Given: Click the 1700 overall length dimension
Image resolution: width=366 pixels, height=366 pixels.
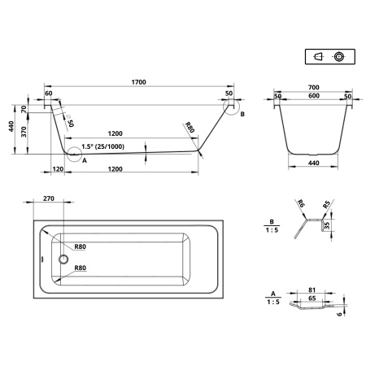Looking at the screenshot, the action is click(138, 82).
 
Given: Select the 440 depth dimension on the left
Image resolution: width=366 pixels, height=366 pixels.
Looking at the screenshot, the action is click(11, 126).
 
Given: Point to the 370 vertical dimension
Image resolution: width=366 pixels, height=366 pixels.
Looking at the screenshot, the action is click(24, 132).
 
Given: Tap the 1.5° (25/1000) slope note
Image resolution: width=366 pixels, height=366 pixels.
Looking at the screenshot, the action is click(103, 146).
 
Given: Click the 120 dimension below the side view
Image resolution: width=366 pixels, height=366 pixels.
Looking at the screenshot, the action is click(58, 169).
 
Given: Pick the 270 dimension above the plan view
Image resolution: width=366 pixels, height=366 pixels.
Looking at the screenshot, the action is click(49, 198).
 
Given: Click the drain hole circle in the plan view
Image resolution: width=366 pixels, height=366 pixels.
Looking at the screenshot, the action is click(63, 259).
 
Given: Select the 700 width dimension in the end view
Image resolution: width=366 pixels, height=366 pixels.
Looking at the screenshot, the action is click(313, 87).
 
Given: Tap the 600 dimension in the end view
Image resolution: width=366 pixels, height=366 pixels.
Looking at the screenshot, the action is click(314, 96).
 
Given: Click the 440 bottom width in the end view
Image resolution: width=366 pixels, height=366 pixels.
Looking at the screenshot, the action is click(313, 163).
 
